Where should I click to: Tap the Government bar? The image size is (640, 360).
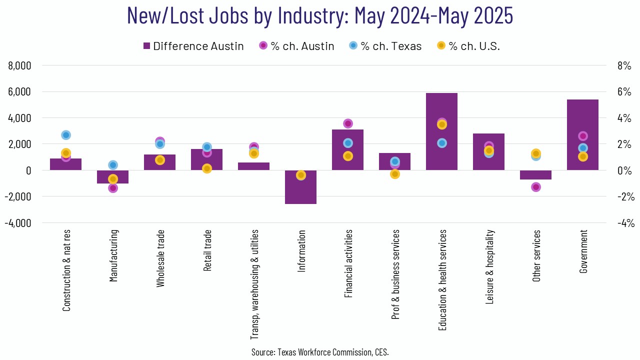(582, 120)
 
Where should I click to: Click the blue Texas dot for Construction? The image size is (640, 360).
(65, 135)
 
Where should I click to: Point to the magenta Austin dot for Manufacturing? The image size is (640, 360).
(113, 188)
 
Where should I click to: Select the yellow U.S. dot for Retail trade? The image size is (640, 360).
(207, 168)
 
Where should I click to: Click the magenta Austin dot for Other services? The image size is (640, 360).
(535, 187)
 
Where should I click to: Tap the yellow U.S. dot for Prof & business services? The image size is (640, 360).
(394, 174)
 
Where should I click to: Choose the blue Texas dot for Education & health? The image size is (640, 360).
(441, 143)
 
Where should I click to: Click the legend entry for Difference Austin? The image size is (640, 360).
(193, 46)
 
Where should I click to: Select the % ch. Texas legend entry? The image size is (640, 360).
(384, 46)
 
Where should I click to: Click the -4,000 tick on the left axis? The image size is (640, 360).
(18, 222)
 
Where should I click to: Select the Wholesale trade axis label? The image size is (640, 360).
(160, 258)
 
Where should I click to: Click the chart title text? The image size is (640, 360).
(320, 15)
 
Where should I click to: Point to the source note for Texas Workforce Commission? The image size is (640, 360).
(320, 352)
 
